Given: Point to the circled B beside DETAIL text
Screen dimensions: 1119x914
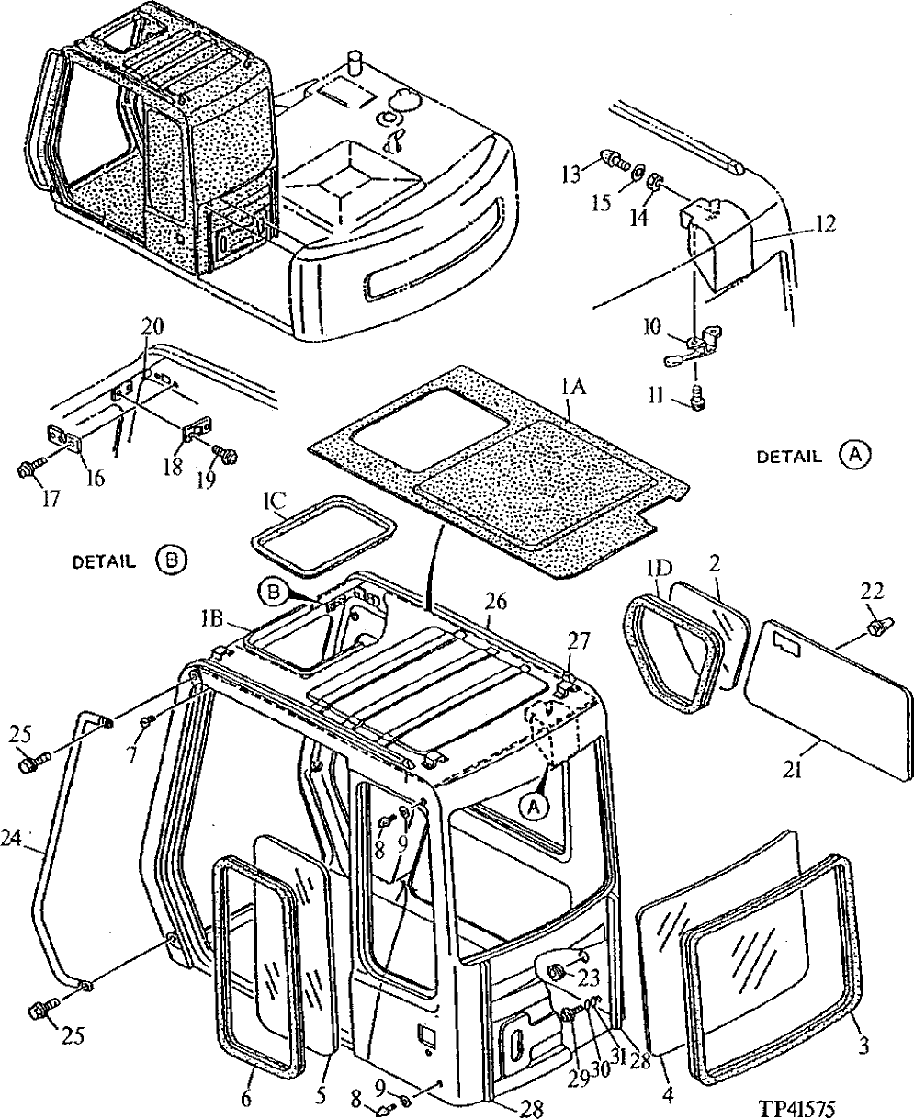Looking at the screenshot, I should coord(171,559).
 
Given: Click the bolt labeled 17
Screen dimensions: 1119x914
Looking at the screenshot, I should coord(26,471).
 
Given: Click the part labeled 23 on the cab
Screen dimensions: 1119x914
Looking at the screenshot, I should coord(558,972).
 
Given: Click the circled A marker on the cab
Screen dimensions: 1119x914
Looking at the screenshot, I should coord(530,806).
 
